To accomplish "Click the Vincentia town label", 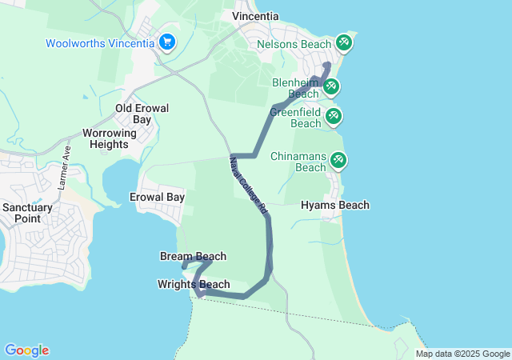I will [255, 16].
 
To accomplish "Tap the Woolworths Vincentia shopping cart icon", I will [167, 42].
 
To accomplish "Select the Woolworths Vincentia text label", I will [100, 43].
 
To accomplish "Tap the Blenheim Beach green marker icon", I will [330, 86].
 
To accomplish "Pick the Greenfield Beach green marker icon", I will [334, 117].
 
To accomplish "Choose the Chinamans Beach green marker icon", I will [338, 161].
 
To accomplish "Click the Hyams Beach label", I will [335, 206].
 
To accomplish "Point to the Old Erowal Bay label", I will [134, 114].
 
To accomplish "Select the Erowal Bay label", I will [158, 197].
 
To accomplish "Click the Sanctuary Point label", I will [27, 213].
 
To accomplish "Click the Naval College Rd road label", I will [247, 183].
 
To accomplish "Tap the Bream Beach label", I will [193, 257].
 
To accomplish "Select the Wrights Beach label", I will [194, 285].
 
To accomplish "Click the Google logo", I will [26, 350].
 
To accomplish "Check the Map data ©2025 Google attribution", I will [462, 354].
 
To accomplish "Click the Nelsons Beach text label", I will [293, 43].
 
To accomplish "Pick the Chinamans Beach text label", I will [298, 162].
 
